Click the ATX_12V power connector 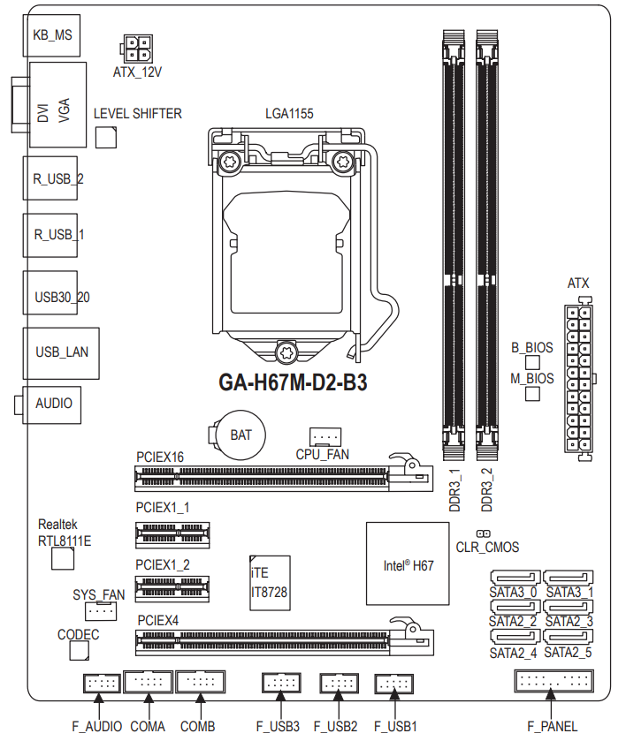pyautogui.click(x=136, y=49)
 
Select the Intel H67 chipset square pyautogui.click(x=408, y=563)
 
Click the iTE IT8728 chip pyautogui.click(x=270, y=582)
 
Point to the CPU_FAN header pyautogui.click(x=325, y=436)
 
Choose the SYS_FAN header pyautogui.click(x=102, y=611)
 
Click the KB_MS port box pyautogui.click(x=51, y=34)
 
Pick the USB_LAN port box pyautogui.click(x=61, y=352)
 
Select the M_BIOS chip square pyautogui.click(x=532, y=394)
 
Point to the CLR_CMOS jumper pyautogui.click(x=483, y=533)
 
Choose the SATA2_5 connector pyautogui.click(x=569, y=639)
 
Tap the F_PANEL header pyautogui.click(x=553, y=681)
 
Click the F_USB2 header pyautogui.click(x=338, y=683)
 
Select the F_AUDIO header pyautogui.click(x=101, y=683)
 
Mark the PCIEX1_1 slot pyautogui.click(x=173, y=533)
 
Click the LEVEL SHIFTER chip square pyautogui.click(x=106, y=136)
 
